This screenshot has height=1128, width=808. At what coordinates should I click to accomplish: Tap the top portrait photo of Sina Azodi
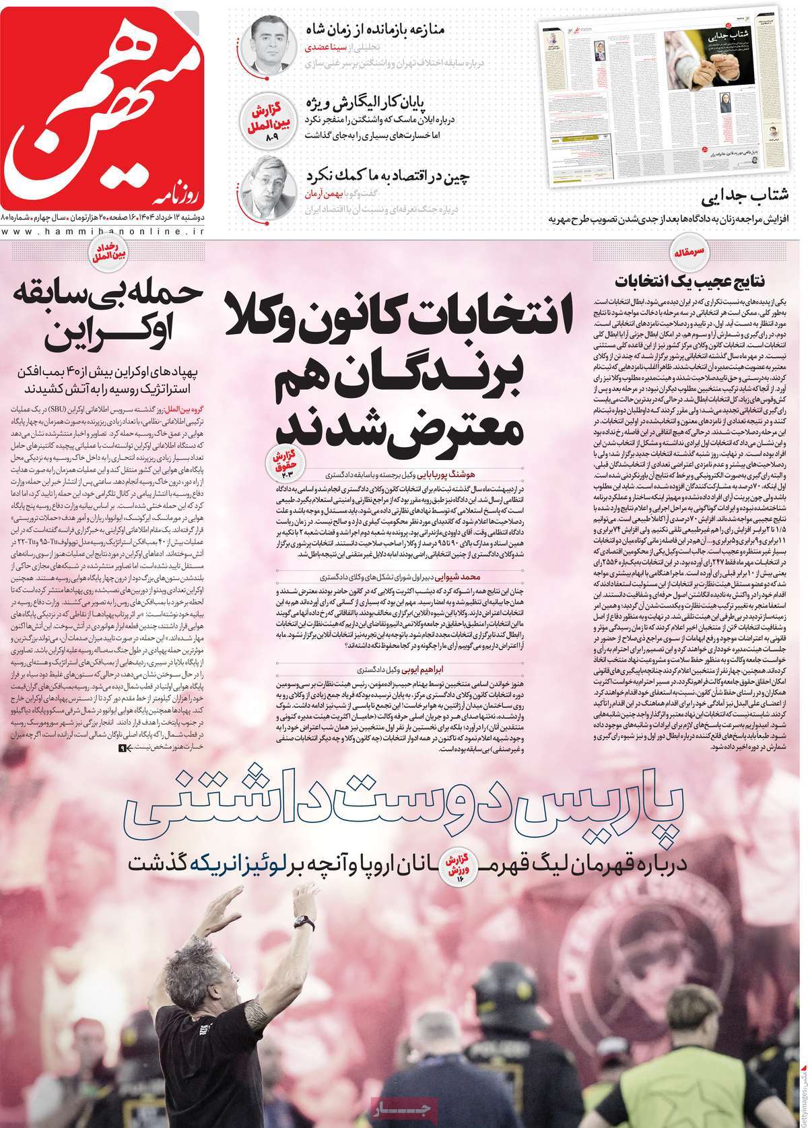[x=269, y=45]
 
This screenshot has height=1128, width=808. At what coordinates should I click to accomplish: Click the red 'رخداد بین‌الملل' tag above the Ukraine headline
[x=106, y=254]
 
